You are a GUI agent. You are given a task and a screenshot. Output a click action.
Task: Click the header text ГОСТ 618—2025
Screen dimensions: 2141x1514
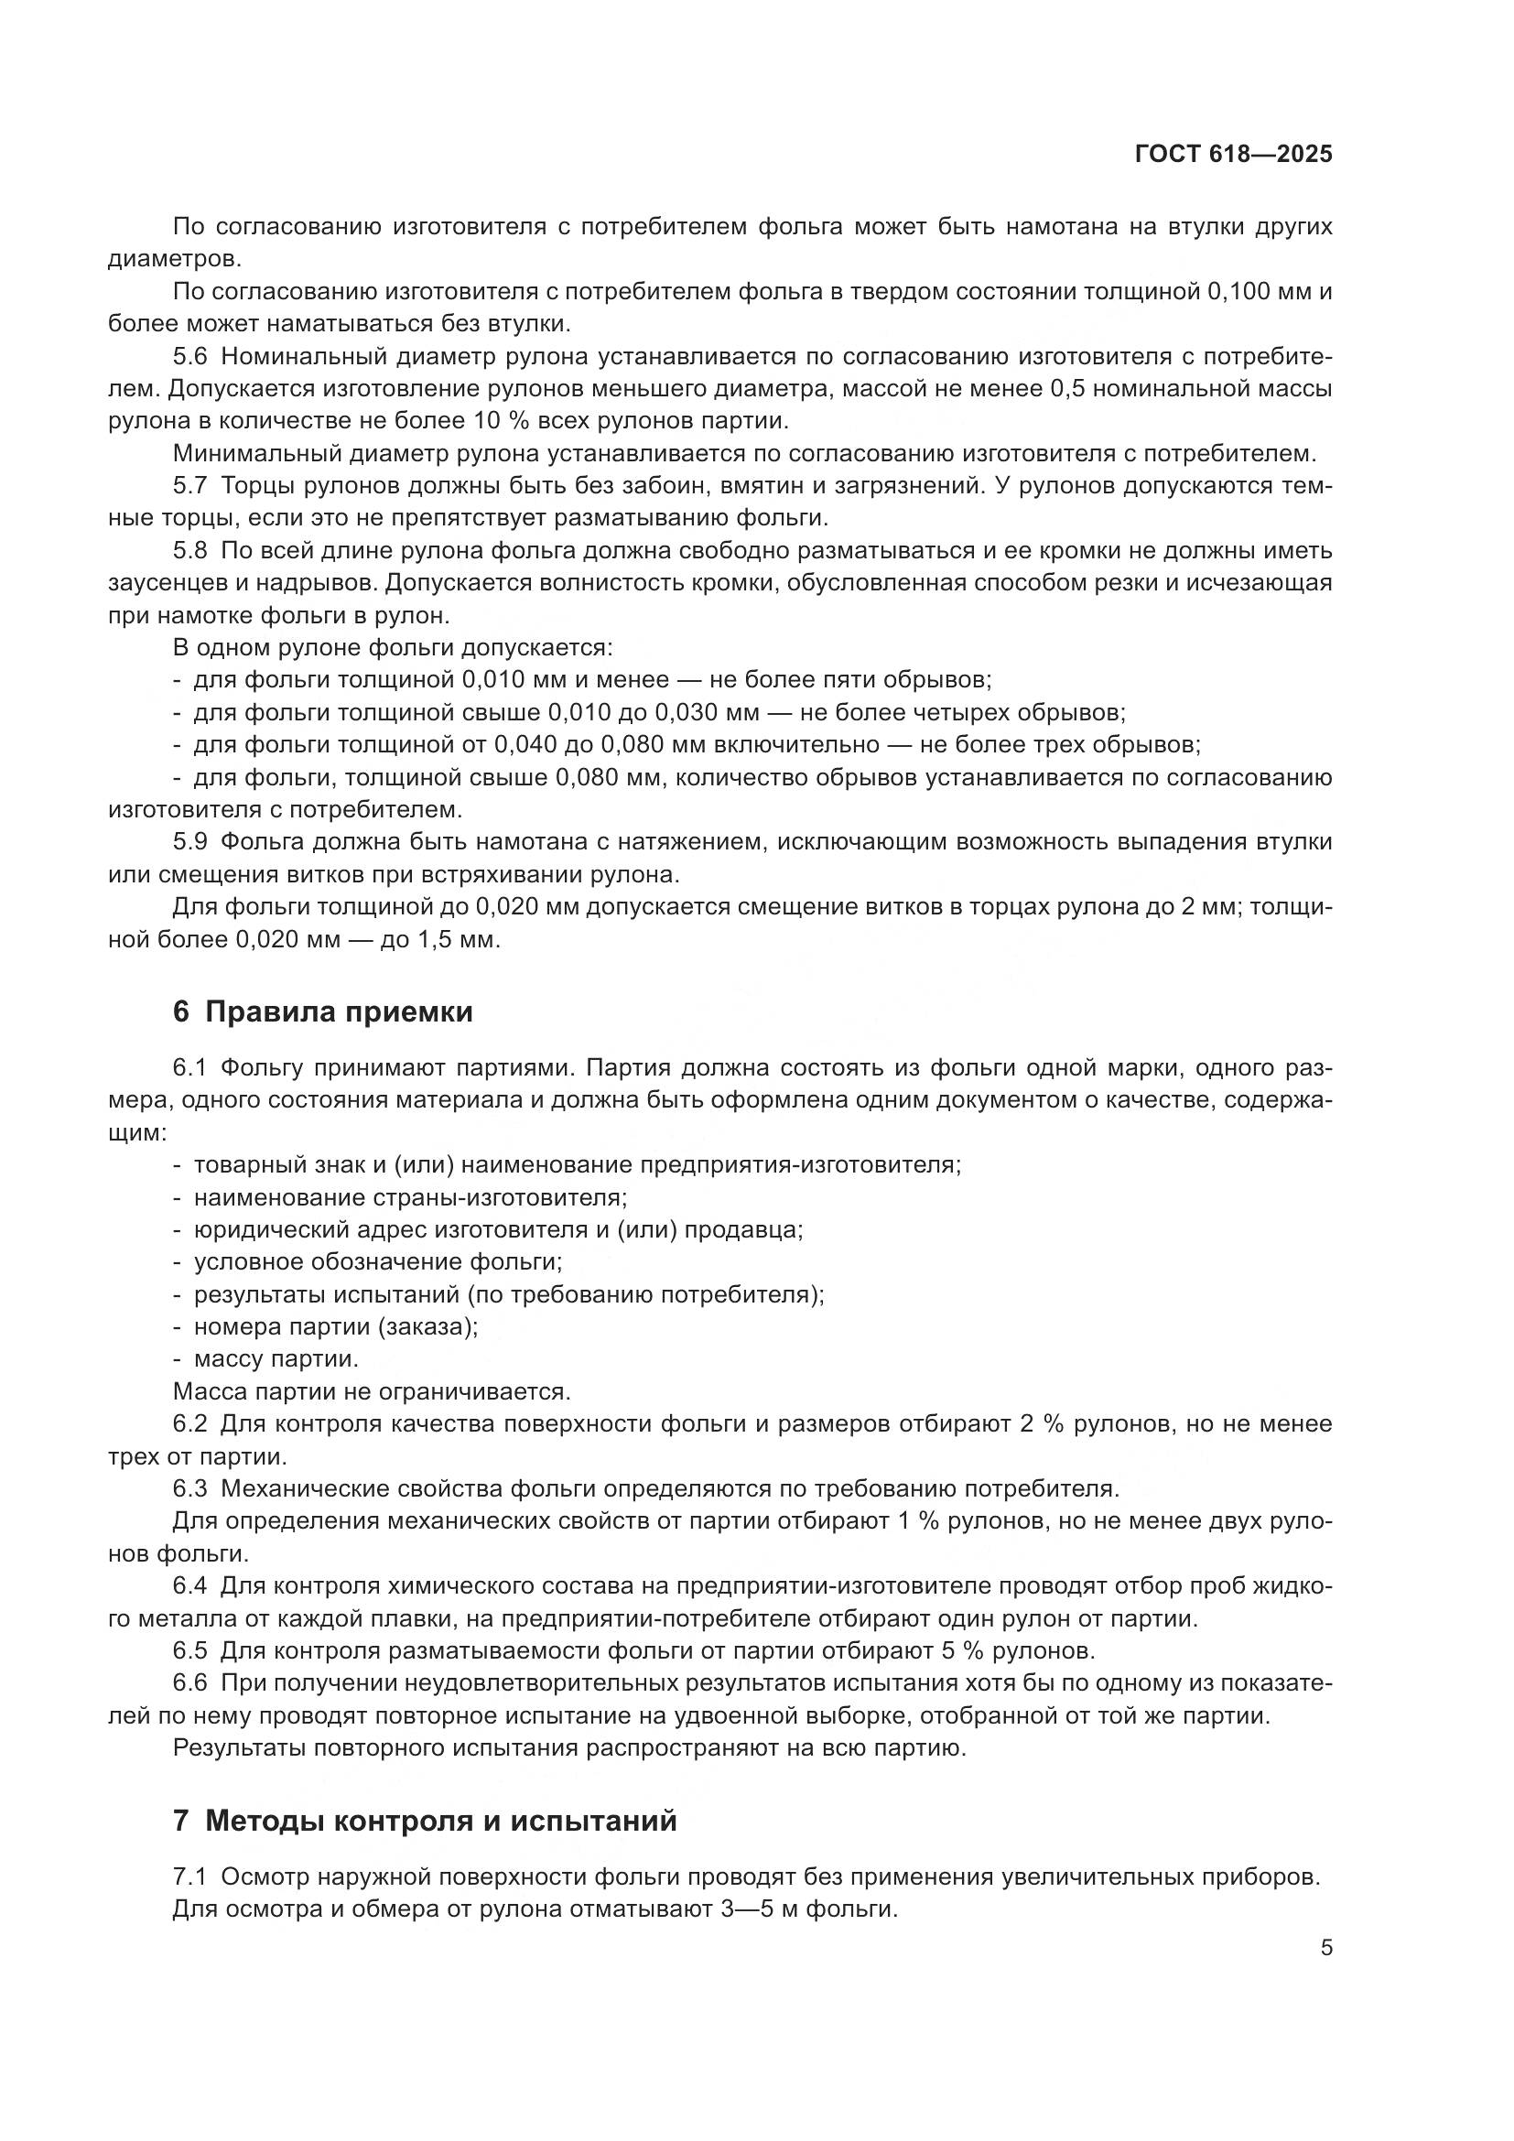point(1233,155)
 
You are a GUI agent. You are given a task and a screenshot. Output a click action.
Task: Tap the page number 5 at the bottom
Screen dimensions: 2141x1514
point(1325,1949)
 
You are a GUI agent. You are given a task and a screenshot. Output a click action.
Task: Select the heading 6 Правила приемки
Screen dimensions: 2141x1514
point(322,1011)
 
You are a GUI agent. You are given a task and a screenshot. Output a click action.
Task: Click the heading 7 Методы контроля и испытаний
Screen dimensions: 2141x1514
point(424,1820)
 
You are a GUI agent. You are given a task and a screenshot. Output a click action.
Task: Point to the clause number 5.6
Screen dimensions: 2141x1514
point(190,356)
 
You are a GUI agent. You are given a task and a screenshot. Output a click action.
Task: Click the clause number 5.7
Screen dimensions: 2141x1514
point(190,486)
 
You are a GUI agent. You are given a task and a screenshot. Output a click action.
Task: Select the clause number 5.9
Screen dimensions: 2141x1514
point(190,842)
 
